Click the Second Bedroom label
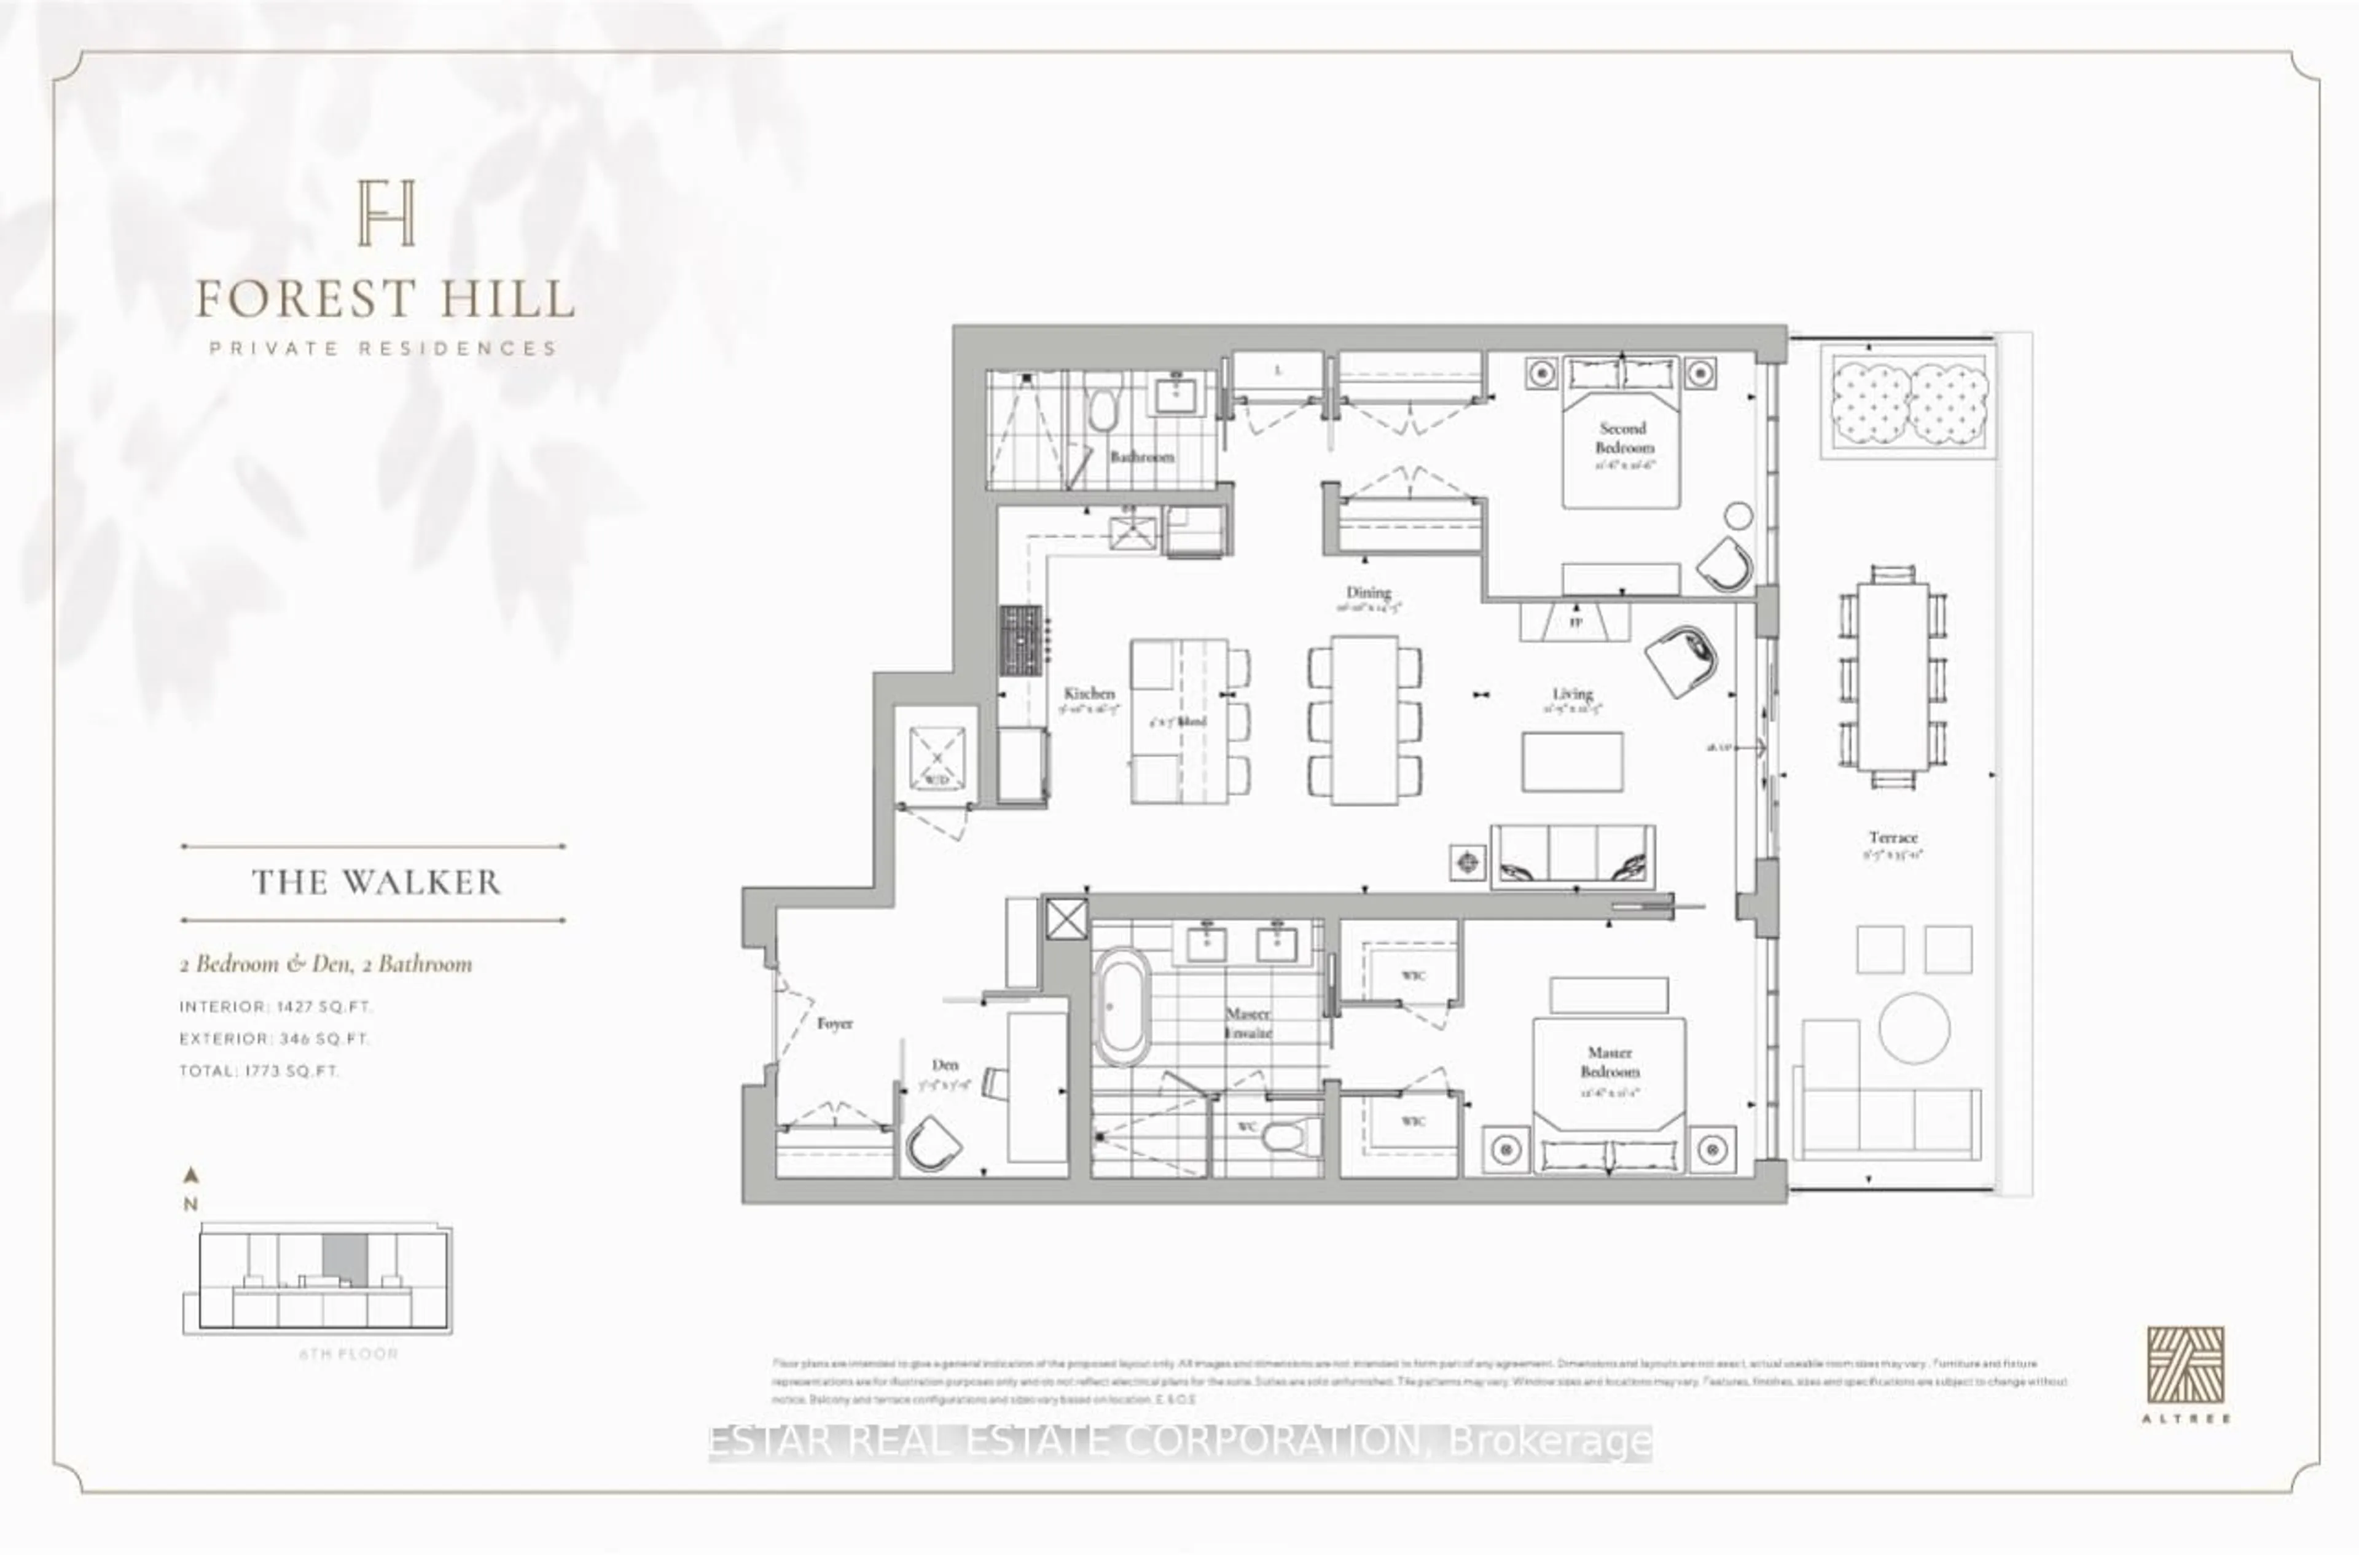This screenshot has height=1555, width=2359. (1622, 437)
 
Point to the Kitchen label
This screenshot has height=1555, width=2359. (1089, 693)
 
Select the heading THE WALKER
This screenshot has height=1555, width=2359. (376, 882)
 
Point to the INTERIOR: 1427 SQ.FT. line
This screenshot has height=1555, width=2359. (276, 1006)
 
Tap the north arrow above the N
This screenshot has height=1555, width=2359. (192, 1176)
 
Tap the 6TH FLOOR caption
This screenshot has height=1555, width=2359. (348, 1353)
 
